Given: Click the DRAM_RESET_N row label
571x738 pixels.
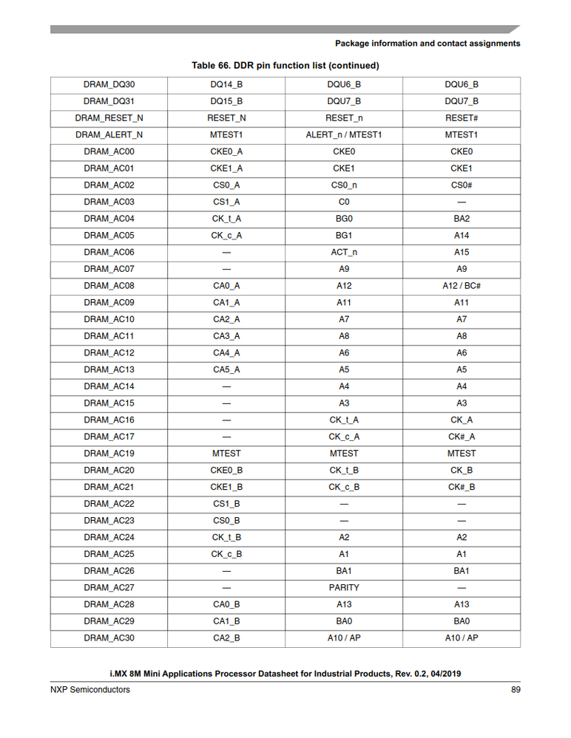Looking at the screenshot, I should click(x=109, y=118).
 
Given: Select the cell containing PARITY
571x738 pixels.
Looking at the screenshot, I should click(x=344, y=588).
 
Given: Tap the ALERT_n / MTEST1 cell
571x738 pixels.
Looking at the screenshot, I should click(x=344, y=135).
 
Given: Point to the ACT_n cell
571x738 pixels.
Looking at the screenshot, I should click(x=344, y=253).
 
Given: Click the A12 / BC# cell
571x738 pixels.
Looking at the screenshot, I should click(x=462, y=286).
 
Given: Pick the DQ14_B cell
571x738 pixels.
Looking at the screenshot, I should click(x=226, y=85).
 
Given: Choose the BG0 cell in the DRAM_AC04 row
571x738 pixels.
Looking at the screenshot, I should click(x=344, y=219).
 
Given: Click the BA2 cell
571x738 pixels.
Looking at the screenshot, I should click(x=462, y=219).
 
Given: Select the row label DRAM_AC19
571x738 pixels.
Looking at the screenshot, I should click(x=109, y=454).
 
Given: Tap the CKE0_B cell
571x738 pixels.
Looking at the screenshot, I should click(x=226, y=471).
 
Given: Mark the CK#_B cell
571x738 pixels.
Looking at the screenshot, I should click(x=462, y=488).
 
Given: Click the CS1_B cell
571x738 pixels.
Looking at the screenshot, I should click(x=226, y=504).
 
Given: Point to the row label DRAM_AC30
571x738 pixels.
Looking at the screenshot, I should click(x=109, y=638).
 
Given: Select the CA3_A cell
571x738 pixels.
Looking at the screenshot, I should click(x=226, y=336).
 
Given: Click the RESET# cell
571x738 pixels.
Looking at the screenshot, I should click(x=462, y=118).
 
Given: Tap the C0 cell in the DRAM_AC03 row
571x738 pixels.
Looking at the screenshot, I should click(x=344, y=202).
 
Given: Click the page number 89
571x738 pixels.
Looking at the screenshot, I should click(x=515, y=690).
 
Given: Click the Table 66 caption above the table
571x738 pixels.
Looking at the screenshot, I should click(x=285, y=66).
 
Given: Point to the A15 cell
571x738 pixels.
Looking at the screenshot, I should click(x=462, y=253).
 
